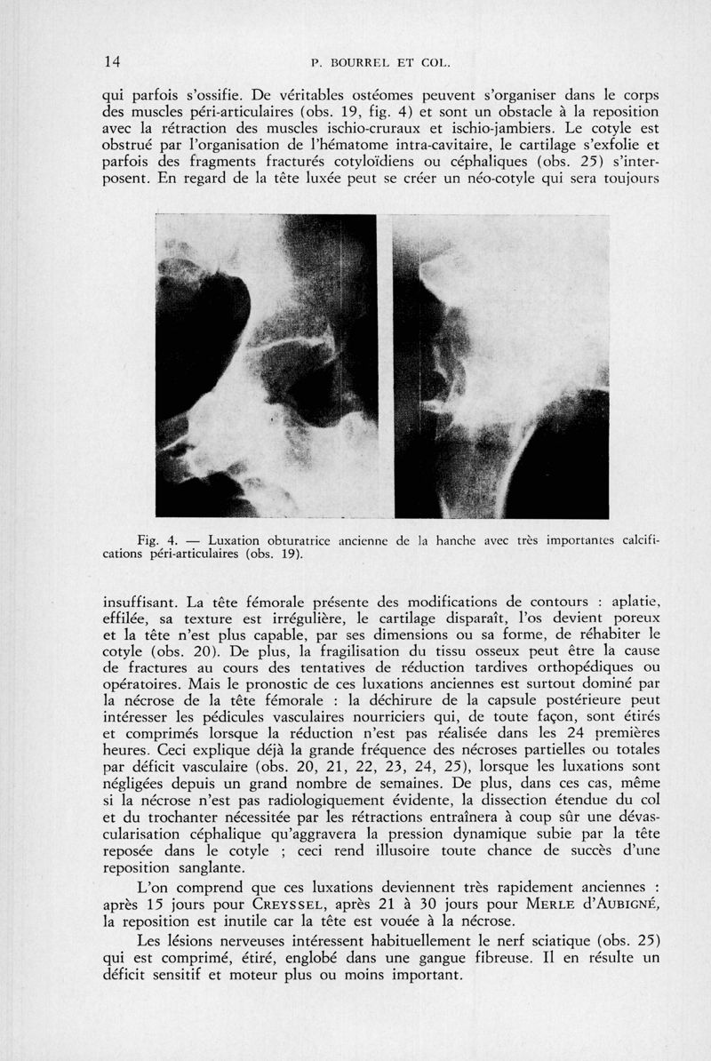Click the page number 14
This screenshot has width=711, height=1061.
tap(111, 61)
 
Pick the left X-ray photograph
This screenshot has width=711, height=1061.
tap(266, 365)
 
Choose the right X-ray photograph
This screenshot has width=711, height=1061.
tap(500, 365)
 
